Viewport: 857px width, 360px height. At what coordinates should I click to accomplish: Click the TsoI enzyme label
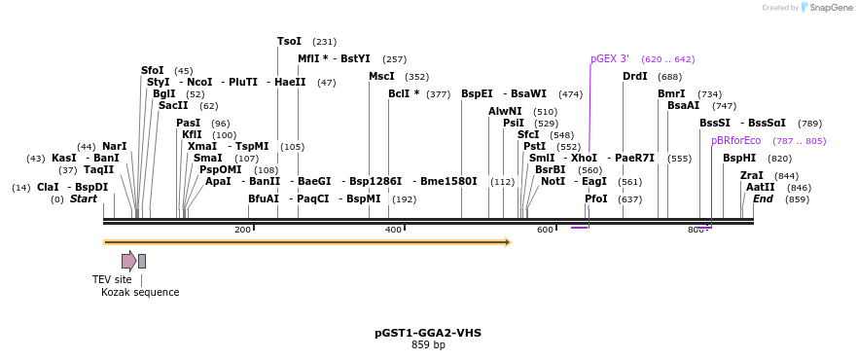pyautogui.click(x=289, y=41)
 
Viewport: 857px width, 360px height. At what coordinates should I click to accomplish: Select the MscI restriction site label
pyautogui.click(x=381, y=76)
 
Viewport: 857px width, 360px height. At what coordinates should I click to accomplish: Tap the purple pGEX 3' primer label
pyautogui.click(x=610, y=58)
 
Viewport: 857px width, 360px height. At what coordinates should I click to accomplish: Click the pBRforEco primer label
pyautogui.click(x=735, y=140)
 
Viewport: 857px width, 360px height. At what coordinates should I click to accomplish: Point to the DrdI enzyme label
pyautogui.click(x=634, y=76)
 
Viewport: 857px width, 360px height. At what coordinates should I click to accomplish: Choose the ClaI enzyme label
pyautogui.click(x=49, y=187)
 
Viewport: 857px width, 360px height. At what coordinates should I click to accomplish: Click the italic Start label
pyautogui.click(x=84, y=199)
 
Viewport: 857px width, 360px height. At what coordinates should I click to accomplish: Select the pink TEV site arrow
pyautogui.click(x=128, y=261)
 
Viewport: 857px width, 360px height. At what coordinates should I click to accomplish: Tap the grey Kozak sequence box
pyautogui.click(x=142, y=261)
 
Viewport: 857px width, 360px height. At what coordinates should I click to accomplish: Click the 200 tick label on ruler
pyautogui.click(x=242, y=230)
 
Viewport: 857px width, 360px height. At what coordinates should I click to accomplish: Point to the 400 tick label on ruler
pyautogui.click(x=393, y=230)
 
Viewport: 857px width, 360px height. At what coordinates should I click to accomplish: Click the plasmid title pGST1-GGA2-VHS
pyautogui.click(x=428, y=333)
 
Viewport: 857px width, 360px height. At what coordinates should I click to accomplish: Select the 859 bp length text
pyautogui.click(x=428, y=344)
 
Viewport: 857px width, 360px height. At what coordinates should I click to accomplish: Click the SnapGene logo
pyautogui.click(x=826, y=8)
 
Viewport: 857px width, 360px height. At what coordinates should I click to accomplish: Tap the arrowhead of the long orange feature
pyautogui.click(x=507, y=241)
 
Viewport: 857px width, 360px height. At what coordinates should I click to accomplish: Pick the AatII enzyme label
pyautogui.click(x=761, y=187)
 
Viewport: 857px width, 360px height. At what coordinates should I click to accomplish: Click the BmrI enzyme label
pyautogui.click(x=671, y=93)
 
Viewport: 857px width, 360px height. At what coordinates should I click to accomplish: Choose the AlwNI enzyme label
pyautogui.click(x=505, y=111)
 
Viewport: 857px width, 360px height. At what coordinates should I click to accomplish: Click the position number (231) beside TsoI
pyautogui.click(x=324, y=42)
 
